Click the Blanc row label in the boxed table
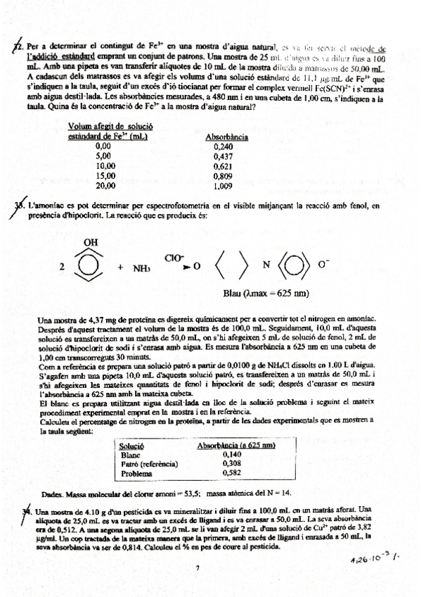tap(129, 455)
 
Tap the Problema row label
tap(135, 473)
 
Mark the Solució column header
tap(132, 446)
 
